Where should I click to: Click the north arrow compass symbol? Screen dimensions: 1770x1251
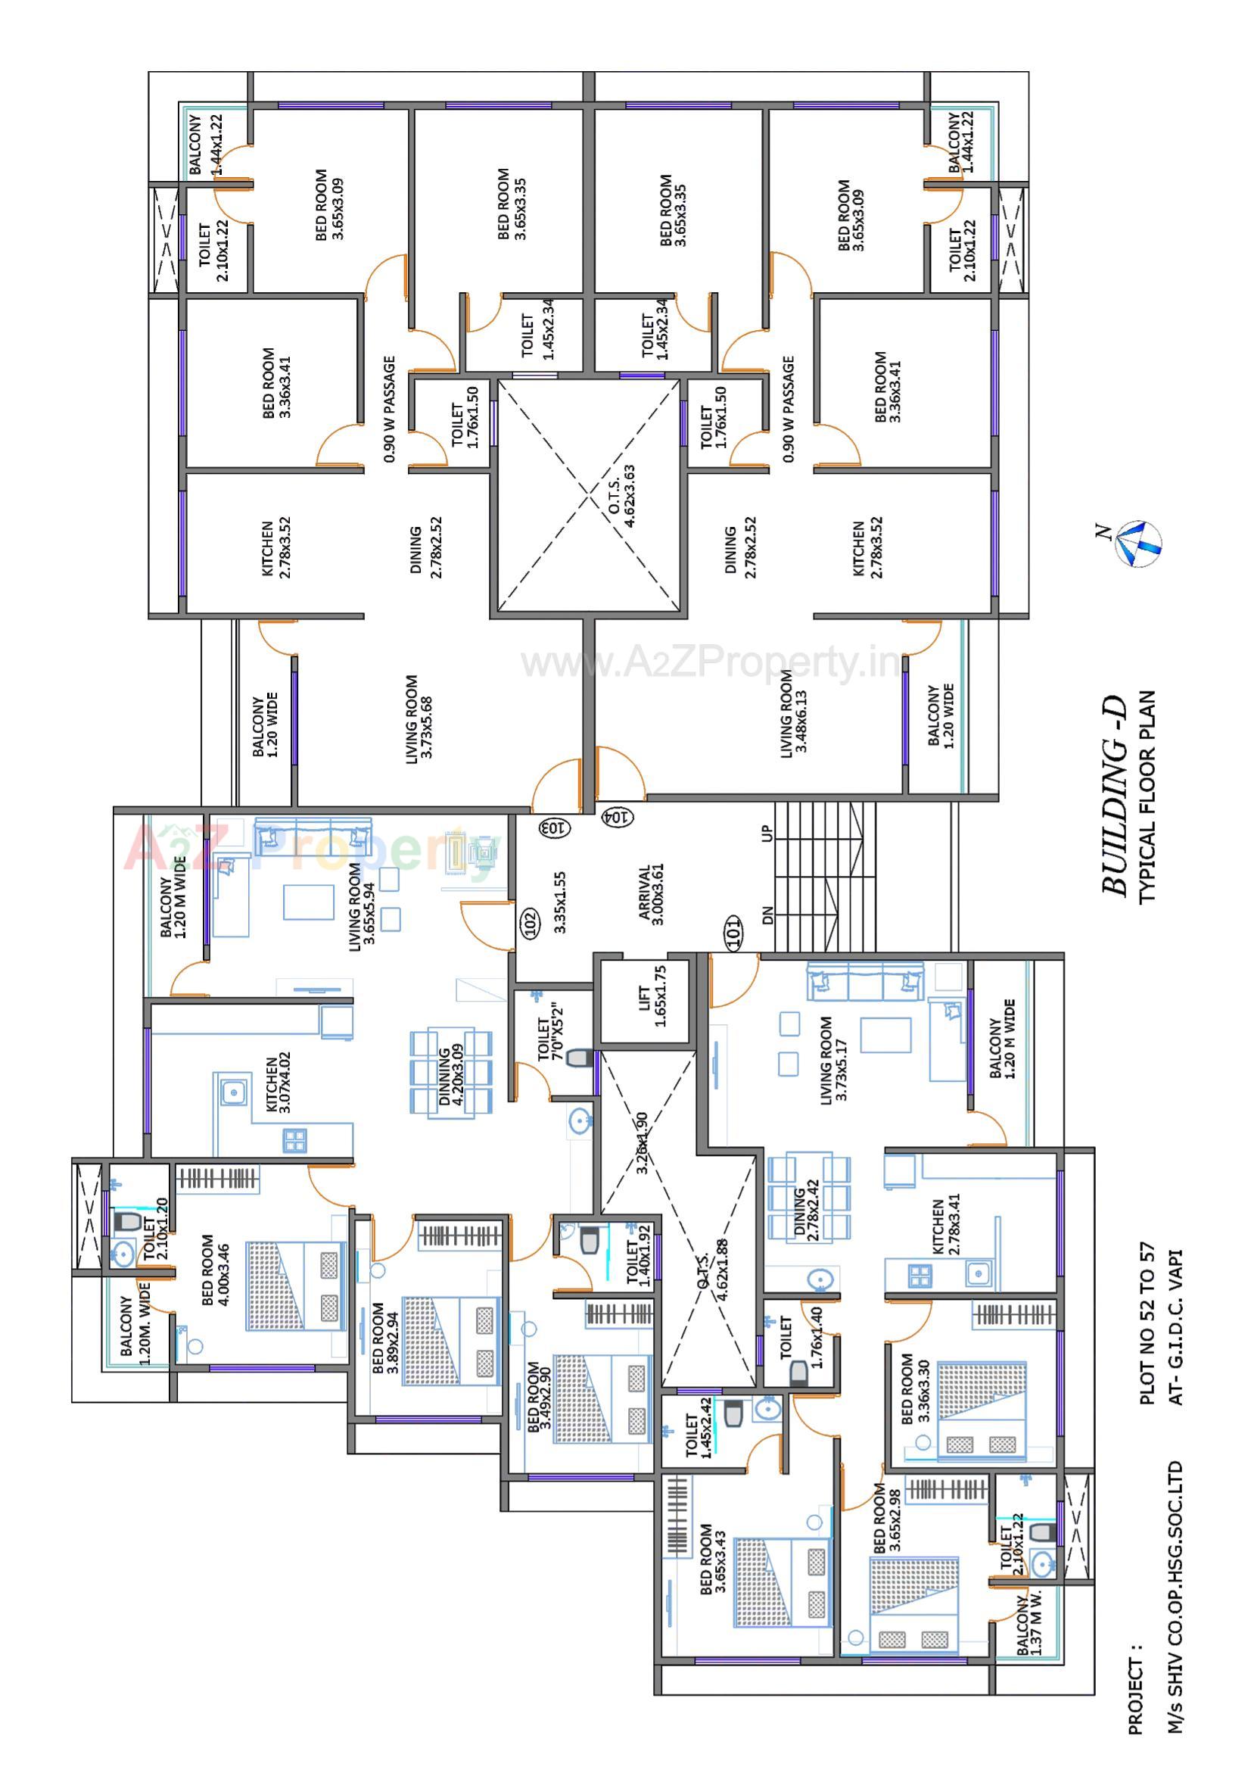tap(1139, 544)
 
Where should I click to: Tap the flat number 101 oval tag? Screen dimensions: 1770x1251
tap(733, 931)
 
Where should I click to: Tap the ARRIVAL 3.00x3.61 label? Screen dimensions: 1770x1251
tap(652, 894)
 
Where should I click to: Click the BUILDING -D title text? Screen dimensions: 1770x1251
tap(1116, 794)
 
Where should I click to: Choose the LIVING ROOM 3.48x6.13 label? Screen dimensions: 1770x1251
tap(793, 713)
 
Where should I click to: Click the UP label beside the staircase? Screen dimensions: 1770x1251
tap(766, 834)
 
